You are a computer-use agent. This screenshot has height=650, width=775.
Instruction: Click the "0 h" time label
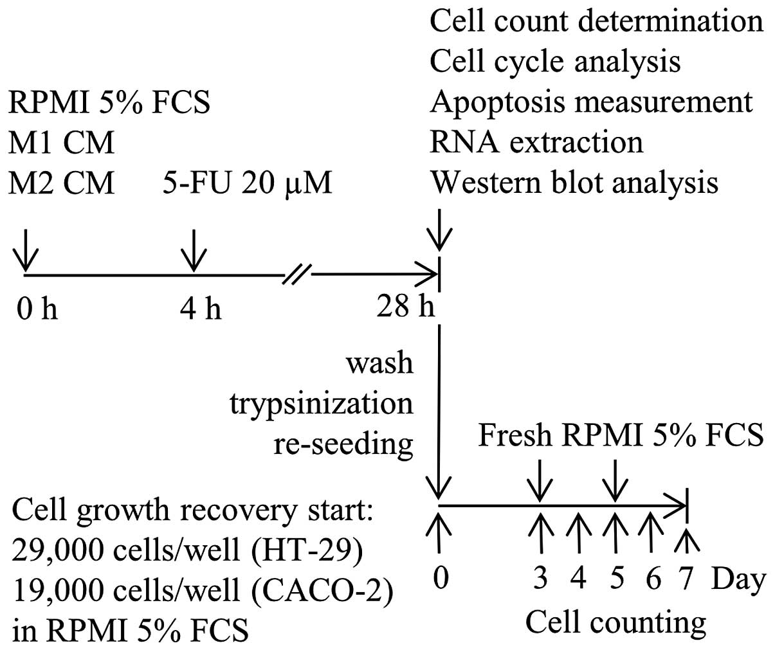37,309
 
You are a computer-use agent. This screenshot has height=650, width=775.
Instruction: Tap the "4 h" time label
201,309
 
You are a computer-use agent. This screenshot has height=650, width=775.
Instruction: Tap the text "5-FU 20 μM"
248,183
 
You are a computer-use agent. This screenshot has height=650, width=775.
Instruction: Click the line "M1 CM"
62,142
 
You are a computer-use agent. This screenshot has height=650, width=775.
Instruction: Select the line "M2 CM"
62,183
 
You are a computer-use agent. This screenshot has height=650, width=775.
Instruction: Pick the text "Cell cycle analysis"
554,62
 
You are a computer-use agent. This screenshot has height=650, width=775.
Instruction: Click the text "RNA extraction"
536,142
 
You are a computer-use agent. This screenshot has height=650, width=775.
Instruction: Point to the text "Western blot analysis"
574,183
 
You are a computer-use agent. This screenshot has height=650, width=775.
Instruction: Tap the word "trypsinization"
322,403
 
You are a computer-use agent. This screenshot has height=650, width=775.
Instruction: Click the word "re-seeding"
343,444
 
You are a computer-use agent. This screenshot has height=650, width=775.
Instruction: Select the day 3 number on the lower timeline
541,579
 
